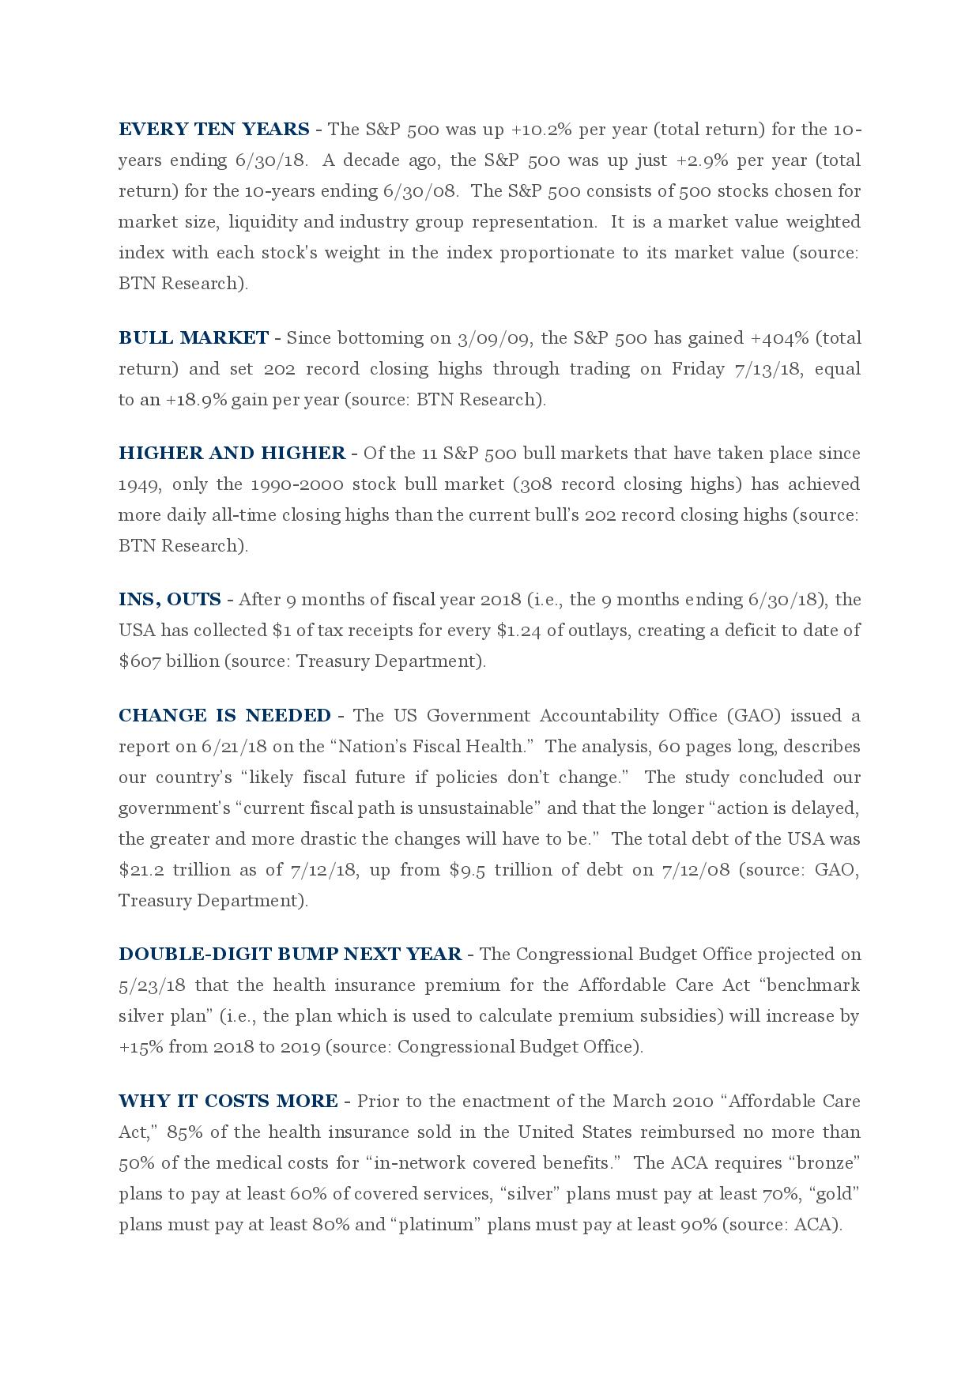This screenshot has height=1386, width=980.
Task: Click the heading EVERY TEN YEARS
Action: pos(213,130)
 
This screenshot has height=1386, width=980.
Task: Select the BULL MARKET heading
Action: pos(193,338)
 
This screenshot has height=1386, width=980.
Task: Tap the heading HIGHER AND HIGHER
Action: pos(232,454)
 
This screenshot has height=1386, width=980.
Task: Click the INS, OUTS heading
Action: pos(169,600)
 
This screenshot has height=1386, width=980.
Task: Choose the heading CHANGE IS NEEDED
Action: pos(224,716)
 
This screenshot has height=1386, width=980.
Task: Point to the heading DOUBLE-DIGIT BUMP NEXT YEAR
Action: pos(290,955)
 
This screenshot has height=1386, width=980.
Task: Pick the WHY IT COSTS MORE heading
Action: pos(228,1102)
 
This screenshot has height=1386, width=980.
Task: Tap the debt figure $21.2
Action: pos(140,870)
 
